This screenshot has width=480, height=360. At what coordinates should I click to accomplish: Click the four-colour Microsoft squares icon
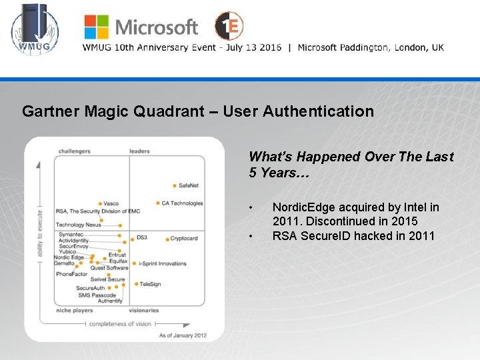coord(97,27)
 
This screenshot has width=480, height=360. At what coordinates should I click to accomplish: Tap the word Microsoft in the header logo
coord(157,27)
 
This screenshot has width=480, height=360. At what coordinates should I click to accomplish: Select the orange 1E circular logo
coord(229,26)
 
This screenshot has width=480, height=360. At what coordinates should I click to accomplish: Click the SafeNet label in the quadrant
coord(189,185)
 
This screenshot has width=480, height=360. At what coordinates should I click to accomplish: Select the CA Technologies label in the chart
coord(182,203)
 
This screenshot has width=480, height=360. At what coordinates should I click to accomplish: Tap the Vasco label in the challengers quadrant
coord(111,203)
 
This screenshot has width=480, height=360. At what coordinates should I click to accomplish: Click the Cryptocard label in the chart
coord(183,238)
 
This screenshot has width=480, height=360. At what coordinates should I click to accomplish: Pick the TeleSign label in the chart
coord(150,284)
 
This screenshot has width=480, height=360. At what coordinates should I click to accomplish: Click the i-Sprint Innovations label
coord(163,263)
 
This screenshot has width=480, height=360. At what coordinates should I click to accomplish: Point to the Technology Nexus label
coord(79,225)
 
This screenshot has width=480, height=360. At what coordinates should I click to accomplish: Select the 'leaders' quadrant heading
coord(139,151)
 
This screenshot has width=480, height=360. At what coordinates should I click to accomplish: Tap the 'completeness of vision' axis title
coord(119,324)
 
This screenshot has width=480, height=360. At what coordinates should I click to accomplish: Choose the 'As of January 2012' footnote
coord(182,335)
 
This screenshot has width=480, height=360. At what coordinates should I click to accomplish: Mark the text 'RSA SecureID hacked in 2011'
coord(353,235)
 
